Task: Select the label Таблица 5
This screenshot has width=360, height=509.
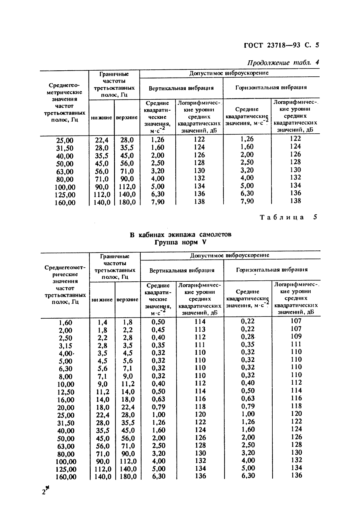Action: [288, 217]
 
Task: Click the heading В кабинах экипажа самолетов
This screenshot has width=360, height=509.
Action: [180, 235]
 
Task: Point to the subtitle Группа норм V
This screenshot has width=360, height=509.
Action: [180, 243]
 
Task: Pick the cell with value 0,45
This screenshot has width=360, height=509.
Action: [158, 330]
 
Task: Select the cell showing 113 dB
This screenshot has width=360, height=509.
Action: [200, 330]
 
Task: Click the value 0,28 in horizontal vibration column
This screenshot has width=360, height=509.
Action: [247, 337]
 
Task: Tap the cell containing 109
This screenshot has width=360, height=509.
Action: [296, 336]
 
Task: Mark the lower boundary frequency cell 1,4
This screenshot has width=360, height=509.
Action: [102, 322]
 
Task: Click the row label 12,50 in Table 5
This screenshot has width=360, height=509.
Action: [66, 392]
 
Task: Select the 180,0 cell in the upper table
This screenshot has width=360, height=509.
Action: [127, 202]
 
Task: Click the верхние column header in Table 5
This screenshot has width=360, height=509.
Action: [127, 300]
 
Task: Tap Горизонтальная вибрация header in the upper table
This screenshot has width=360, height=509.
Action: [271, 88]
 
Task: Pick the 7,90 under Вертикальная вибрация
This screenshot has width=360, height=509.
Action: [158, 202]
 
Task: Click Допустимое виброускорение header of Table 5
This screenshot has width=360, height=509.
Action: [230, 255]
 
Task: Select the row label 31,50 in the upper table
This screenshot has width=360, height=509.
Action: [65, 148]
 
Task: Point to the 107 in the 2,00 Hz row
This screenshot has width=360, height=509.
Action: [296, 329]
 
